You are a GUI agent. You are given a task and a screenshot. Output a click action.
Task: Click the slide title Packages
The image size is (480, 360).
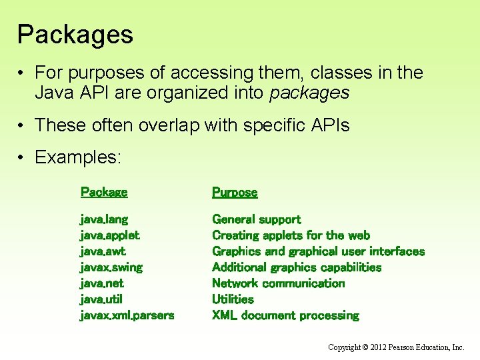click(75, 35)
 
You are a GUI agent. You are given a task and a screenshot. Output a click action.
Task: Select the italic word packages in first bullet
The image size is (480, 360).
click(309, 93)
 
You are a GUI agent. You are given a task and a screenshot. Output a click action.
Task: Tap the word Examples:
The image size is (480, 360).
click(78, 157)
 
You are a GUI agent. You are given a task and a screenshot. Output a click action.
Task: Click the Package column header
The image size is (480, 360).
click(104, 192)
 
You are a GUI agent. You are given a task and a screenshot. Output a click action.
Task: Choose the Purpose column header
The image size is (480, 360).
click(235, 192)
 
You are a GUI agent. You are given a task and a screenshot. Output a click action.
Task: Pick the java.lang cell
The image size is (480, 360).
click(104, 219)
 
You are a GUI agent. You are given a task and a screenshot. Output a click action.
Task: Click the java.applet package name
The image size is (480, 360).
click(110, 235)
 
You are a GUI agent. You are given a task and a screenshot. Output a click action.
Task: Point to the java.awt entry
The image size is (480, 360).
click(103, 251)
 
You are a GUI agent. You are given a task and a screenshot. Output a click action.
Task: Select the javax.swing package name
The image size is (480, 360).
click(111, 267)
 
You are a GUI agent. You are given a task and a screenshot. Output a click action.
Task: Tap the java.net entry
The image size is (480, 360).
click(102, 283)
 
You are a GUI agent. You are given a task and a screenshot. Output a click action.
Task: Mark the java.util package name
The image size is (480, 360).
click(101, 299)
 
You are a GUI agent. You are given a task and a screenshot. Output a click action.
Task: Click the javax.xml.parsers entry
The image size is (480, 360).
click(127, 315)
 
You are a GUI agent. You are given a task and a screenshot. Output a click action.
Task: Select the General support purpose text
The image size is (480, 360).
click(256, 219)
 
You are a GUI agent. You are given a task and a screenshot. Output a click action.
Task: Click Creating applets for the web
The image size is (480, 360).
click(291, 235)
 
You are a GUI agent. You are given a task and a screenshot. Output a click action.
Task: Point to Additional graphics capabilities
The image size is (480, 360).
click(297, 267)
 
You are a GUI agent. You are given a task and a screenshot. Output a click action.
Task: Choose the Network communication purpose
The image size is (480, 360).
click(278, 283)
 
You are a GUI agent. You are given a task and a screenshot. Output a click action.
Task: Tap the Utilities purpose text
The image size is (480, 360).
click(233, 299)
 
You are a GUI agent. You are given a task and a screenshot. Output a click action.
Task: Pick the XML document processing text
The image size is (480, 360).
click(285, 315)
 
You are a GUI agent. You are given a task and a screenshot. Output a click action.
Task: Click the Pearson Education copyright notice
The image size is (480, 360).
click(396, 347)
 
